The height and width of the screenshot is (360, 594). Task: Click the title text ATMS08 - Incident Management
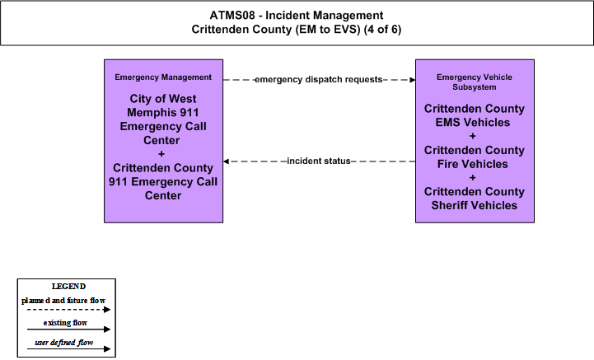[x=297, y=15]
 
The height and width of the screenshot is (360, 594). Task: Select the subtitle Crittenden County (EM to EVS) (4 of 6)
[x=297, y=29]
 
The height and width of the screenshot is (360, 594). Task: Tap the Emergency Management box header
[x=163, y=77]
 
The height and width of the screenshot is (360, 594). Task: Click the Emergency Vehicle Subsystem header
[x=475, y=82]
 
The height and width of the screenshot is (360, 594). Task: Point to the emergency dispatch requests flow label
[x=319, y=79]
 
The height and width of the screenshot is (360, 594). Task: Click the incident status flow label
[x=319, y=161]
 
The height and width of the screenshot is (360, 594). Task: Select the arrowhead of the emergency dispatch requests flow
[x=413, y=80]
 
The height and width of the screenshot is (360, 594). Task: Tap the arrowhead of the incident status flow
[x=227, y=161]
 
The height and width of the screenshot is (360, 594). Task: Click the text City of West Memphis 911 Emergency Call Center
[x=163, y=119]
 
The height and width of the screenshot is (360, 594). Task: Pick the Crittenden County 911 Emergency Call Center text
[x=163, y=181]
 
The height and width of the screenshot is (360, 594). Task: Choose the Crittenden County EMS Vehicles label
[x=475, y=115]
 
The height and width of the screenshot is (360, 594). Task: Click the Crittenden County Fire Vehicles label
[x=475, y=157]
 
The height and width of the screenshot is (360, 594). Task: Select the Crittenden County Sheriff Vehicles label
[x=475, y=199]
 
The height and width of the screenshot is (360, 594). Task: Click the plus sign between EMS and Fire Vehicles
[x=472, y=136]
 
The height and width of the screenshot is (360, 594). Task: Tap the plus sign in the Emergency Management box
[x=161, y=154]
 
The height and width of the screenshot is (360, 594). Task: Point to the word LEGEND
[x=68, y=286]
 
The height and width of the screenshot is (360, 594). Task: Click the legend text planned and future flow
[x=63, y=301]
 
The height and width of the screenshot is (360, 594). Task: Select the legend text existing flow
[x=65, y=323]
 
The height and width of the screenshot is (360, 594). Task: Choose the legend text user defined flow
[x=64, y=343]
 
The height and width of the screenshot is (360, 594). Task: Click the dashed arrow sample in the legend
[x=68, y=310]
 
